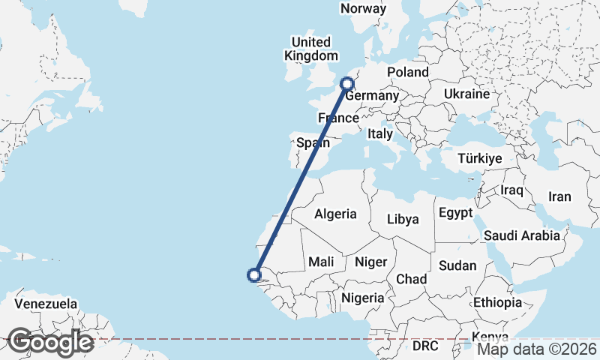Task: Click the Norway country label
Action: coord(364,9)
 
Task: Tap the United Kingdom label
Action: coord(310,49)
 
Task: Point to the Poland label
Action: coord(407,72)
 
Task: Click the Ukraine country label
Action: coord(466,94)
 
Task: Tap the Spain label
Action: coord(313,142)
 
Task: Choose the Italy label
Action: coord(380,134)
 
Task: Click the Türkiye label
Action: coord(480,159)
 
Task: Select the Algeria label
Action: coord(335,214)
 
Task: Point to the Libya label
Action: coord(403,219)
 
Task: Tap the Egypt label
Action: coord(455,212)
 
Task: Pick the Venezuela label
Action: coord(46,304)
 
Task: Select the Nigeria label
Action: coord(363,298)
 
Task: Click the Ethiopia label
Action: coord(497,302)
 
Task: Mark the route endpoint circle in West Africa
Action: coord(254,275)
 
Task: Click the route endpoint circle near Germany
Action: coord(347,84)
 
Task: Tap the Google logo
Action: coord(51,342)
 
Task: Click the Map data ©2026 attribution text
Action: coord(537,349)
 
